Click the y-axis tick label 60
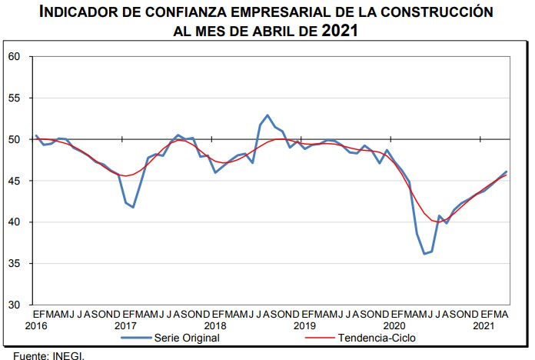point(14,57)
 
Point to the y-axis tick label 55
point(14,98)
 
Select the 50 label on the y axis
point(14,139)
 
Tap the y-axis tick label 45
point(14,181)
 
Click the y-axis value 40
point(14,222)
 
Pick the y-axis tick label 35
point(14,263)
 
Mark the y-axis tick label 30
point(14,305)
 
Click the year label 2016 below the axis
point(36,326)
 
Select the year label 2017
point(125,326)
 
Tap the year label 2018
point(215,326)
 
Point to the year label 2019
point(304,326)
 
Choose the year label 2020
point(394,326)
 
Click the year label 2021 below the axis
point(483,326)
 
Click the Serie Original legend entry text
point(187,338)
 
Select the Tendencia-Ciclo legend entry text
point(377,338)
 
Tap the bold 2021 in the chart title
point(340,31)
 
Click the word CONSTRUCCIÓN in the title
point(437,12)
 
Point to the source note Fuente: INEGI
point(48,356)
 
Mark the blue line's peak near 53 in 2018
point(267,115)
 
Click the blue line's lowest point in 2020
point(424,254)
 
